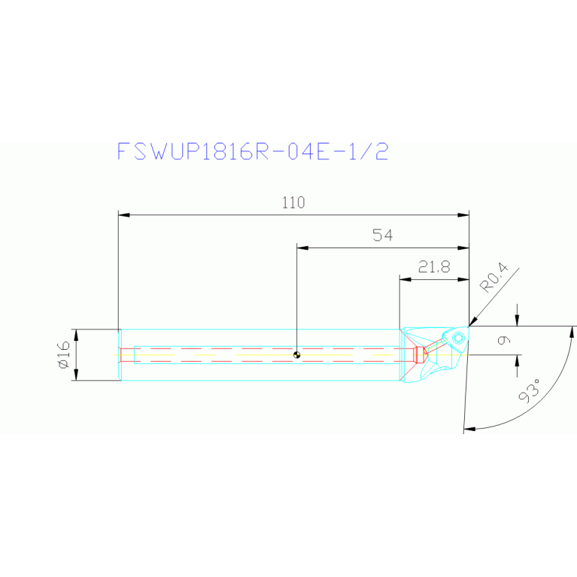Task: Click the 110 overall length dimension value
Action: (293, 202)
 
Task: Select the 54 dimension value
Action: (383, 235)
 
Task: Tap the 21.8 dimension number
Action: (434, 267)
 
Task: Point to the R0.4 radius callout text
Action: (494, 277)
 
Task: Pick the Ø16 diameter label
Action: (63, 354)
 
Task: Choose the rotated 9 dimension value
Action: (504, 340)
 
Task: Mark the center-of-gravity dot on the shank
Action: (297, 355)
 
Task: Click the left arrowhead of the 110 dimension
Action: (124, 215)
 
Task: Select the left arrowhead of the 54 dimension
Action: (302, 247)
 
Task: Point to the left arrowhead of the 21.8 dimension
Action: (404, 279)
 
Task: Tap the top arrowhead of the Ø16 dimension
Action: (74, 334)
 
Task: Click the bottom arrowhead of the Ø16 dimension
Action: (74, 375)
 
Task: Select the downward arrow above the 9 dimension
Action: (517, 320)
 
